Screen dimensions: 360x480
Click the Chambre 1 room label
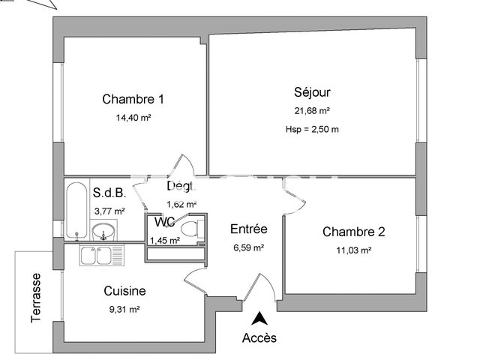(x=133, y=99)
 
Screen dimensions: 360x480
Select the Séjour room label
(x=312, y=93)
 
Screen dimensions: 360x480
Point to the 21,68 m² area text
(x=312, y=111)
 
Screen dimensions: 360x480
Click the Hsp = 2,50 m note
(x=312, y=129)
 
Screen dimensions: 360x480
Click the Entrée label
(x=249, y=229)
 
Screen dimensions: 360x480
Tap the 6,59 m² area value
(x=248, y=247)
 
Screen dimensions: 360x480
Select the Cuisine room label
(x=124, y=291)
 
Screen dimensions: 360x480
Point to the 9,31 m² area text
(x=124, y=308)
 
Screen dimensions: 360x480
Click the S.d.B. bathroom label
(x=109, y=193)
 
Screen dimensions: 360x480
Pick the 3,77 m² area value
(x=109, y=211)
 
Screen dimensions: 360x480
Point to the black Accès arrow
(x=259, y=318)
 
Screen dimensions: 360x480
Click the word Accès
(x=259, y=338)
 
